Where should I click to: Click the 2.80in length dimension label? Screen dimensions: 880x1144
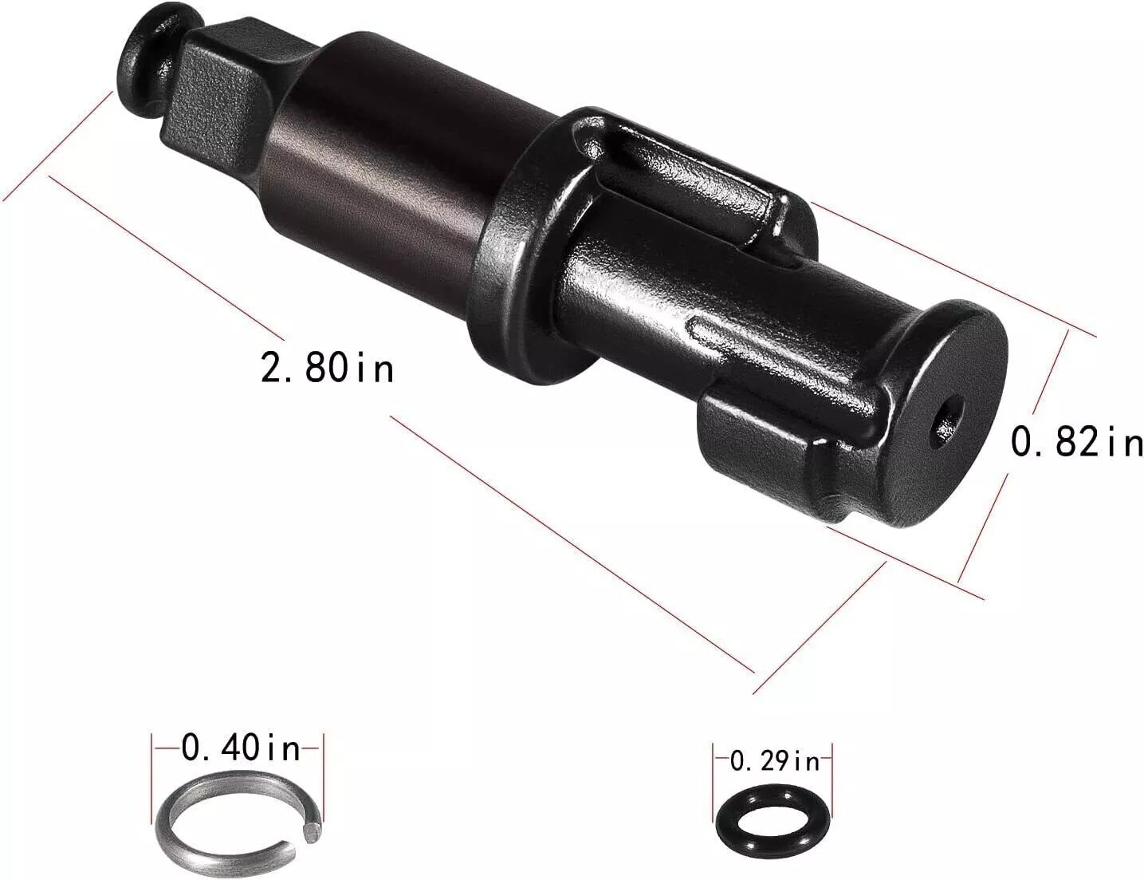[328, 369]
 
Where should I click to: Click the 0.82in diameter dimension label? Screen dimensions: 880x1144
[1076, 441]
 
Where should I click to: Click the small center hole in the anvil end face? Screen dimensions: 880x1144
[949, 415]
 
